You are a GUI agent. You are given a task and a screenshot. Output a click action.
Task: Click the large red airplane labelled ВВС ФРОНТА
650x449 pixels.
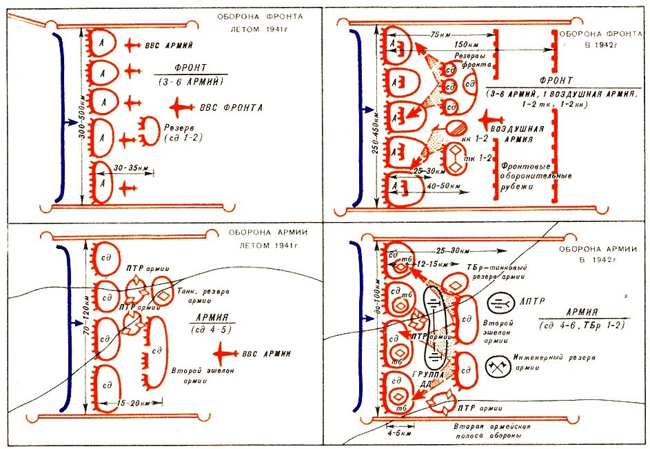click(183, 107)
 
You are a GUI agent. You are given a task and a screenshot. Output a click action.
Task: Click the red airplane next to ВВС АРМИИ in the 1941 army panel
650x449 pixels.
click(225, 354)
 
